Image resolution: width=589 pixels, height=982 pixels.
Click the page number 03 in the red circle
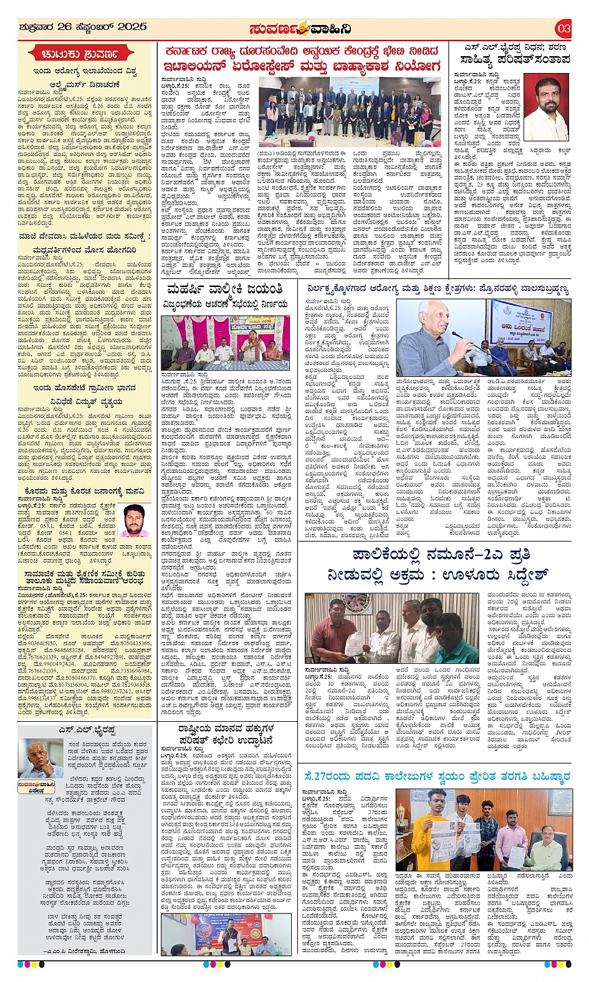coord(563,28)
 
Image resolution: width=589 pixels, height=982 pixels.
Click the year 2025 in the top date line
coord(128,27)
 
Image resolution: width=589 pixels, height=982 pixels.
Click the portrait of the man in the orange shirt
coord(546,106)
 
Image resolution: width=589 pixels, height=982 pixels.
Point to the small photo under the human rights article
coord(226,934)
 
